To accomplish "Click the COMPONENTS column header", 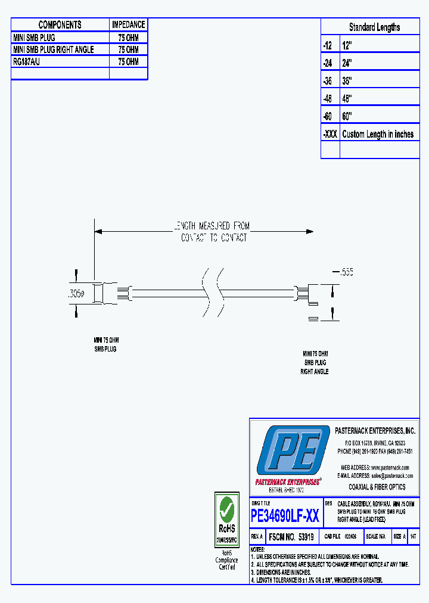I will [60, 24].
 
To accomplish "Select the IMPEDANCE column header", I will [128, 24].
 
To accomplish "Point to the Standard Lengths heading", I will [374, 27].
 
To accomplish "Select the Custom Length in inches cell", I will [378, 134].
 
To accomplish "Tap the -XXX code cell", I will [329, 134].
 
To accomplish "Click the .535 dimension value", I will [346, 272].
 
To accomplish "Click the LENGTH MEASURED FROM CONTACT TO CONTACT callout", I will [212, 232].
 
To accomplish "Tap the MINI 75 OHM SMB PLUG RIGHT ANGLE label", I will [315, 362].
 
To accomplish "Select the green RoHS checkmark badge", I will [226, 510].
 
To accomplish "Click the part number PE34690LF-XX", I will [285, 516].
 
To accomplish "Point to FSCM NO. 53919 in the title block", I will [291, 537].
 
